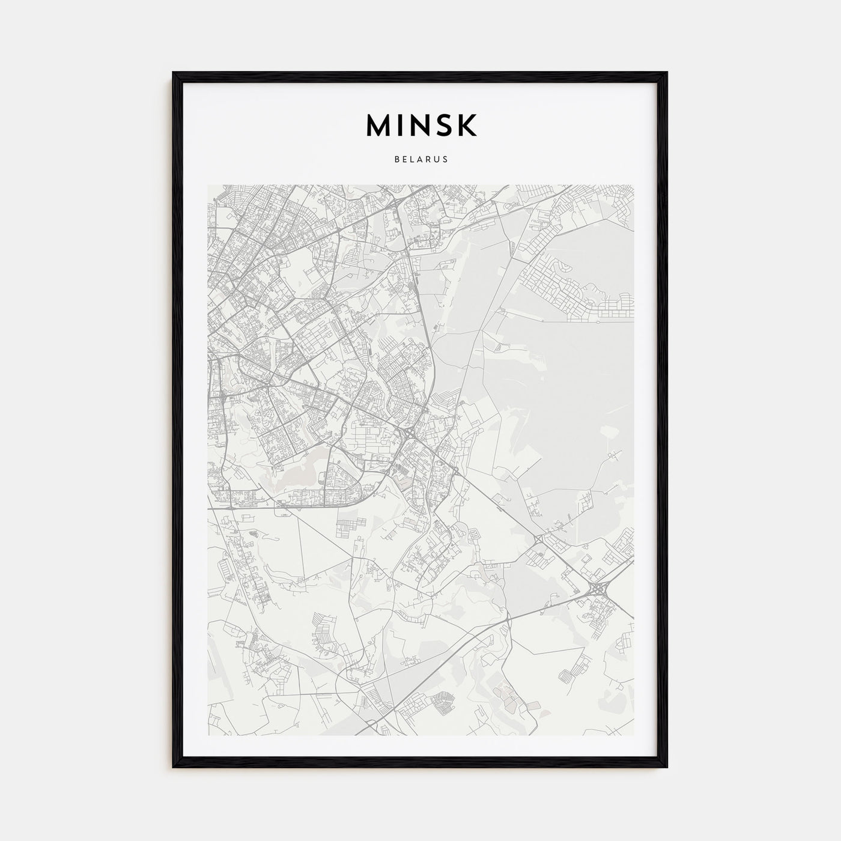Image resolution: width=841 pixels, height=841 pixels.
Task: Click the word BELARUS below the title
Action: point(421,160)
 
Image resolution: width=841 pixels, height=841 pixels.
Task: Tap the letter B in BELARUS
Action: point(397,160)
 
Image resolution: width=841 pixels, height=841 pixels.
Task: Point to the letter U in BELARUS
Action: point(437,160)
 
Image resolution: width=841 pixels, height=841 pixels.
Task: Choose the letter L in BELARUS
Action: point(412,160)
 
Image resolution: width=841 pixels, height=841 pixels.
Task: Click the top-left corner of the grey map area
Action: point(208,185)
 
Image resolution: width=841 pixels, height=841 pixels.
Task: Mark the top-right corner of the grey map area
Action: point(634,185)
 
